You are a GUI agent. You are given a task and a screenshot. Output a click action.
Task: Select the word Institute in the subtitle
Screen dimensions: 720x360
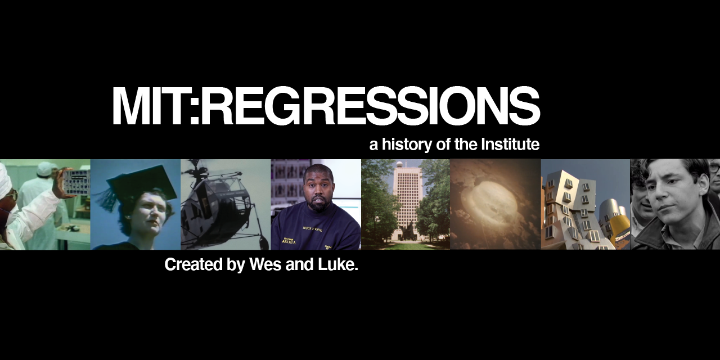pos(510,145)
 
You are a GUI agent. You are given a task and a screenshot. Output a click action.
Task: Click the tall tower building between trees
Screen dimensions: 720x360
pos(406,202)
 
